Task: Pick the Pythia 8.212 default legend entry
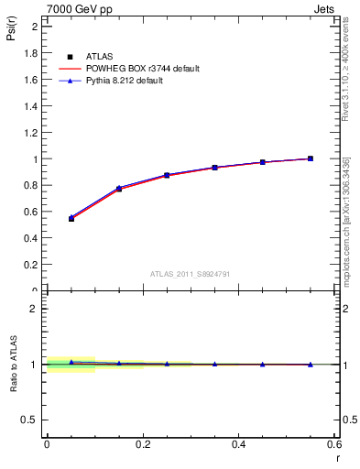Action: (x=128, y=82)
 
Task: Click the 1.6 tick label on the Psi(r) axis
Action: (x=31, y=80)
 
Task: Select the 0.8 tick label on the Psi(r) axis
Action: (x=31, y=186)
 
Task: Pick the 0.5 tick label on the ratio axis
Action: (x=31, y=420)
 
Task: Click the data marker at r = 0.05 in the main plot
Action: (x=71, y=218)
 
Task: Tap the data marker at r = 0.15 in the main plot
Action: (x=119, y=189)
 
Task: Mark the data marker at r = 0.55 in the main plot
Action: (x=311, y=158)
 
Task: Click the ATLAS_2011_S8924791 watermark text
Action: (x=190, y=273)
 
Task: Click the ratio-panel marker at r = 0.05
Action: (x=71, y=363)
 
